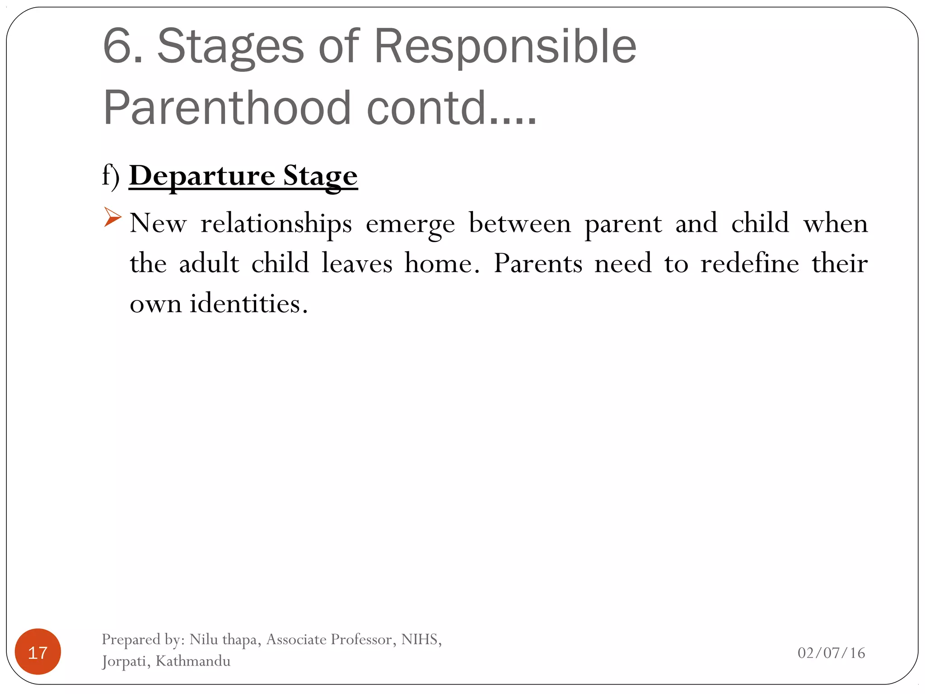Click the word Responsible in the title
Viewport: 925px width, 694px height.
[x=505, y=46]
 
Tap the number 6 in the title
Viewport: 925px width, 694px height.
[x=118, y=46]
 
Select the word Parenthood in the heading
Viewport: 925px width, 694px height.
[x=227, y=108]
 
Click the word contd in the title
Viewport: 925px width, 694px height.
[x=426, y=108]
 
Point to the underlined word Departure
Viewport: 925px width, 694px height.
[x=202, y=176]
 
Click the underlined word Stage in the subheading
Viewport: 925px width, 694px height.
[x=320, y=177]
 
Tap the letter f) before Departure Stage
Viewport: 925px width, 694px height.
[x=111, y=175]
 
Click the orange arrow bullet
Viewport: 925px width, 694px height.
[x=112, y=217]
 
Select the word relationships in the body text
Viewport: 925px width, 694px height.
[x=276, y=224]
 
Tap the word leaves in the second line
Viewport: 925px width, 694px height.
[x=357, y=263]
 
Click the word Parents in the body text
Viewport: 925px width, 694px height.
[x=537, y=263]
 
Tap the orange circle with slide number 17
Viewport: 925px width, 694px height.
[x=38, y=652]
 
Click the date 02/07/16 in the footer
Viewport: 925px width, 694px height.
[x=831, y=653]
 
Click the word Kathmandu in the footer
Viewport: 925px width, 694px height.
[x=193, y=661]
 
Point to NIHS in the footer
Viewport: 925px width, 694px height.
[x=419, y=639]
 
